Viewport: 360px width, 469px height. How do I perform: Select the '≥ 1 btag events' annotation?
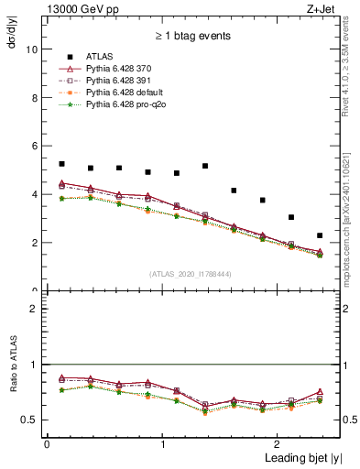(192, 37)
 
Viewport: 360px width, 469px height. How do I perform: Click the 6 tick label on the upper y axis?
(35, 147)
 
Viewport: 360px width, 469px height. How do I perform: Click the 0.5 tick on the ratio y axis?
(31, 420)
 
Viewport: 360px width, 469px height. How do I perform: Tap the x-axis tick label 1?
(163, 444)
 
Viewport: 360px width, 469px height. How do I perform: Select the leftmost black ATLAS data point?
(61, 164)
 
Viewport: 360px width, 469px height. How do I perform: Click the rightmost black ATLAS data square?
(320, 235)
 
